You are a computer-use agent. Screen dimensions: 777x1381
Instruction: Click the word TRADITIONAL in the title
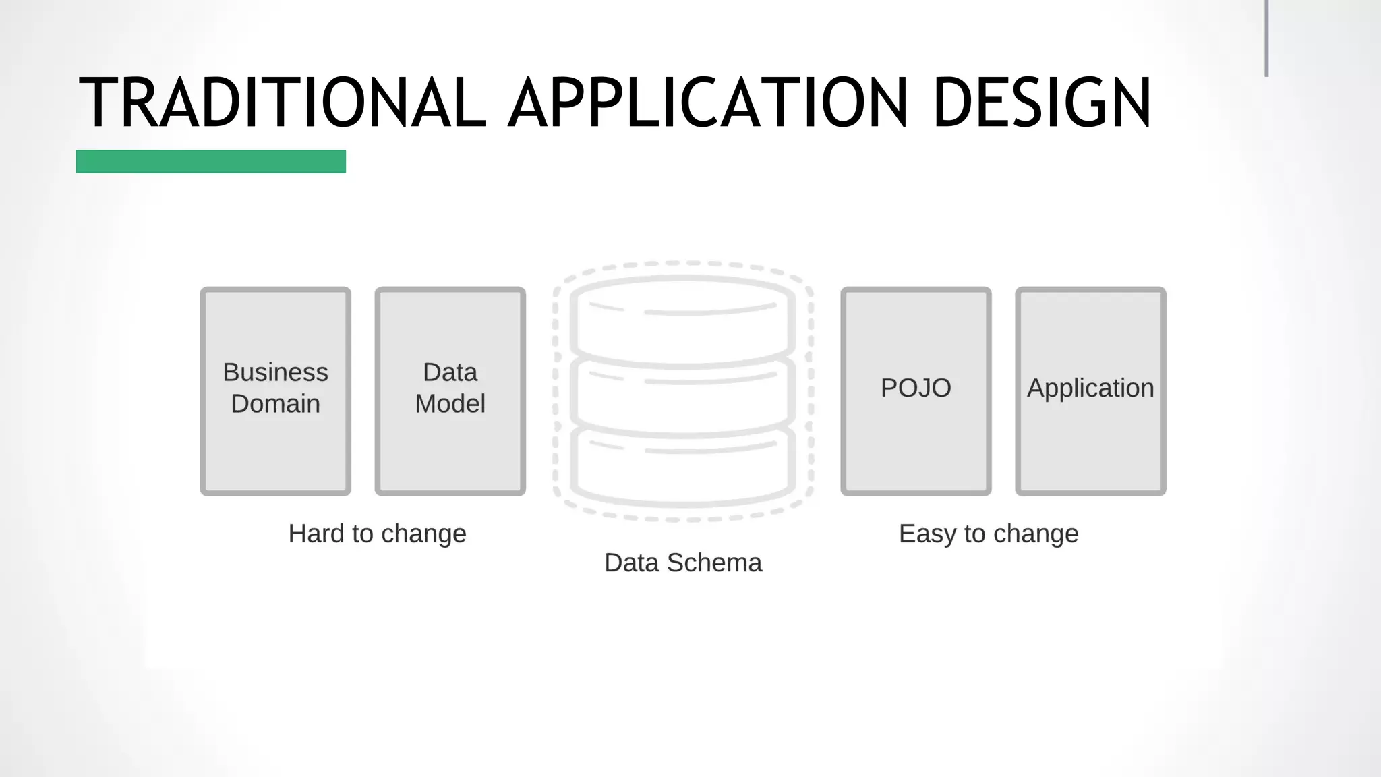pos(282,103)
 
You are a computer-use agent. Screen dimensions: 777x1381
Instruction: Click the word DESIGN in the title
pos(1042,103)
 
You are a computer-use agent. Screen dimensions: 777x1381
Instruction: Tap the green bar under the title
pos(210,162)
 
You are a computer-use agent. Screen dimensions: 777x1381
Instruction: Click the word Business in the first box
pos(275,372)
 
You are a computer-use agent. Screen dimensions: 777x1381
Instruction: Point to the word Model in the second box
pos(450,404)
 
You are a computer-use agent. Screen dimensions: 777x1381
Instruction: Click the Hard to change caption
pos(377,534)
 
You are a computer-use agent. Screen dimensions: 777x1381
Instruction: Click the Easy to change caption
pos(989,534)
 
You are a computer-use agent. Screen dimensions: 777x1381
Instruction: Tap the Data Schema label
pos(682,563)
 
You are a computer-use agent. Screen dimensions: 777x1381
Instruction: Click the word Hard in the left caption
pos(316,534)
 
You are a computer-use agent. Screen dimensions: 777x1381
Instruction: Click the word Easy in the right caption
pos(927,534)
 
